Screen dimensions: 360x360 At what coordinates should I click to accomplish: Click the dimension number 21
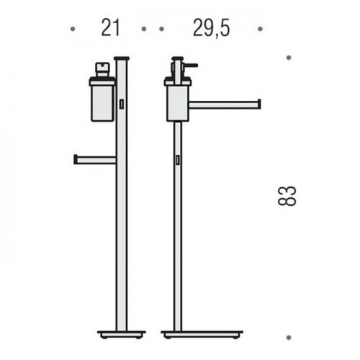(110, 27)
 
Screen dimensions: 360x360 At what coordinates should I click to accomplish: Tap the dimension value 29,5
(211, 28)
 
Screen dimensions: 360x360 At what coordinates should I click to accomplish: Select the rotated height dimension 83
(287, 196)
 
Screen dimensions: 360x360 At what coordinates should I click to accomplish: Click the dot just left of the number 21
(73, 29)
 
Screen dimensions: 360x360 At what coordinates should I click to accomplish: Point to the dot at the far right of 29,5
(260, 29)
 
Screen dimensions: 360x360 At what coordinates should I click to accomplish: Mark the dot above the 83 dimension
(289, 58)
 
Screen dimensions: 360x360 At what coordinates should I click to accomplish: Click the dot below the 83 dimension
(289, 337)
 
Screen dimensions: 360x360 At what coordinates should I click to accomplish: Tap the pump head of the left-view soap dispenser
(103, 69)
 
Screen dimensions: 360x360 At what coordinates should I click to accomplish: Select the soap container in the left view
(102, 99)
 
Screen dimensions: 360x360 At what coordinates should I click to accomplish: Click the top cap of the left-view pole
(122, 58)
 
